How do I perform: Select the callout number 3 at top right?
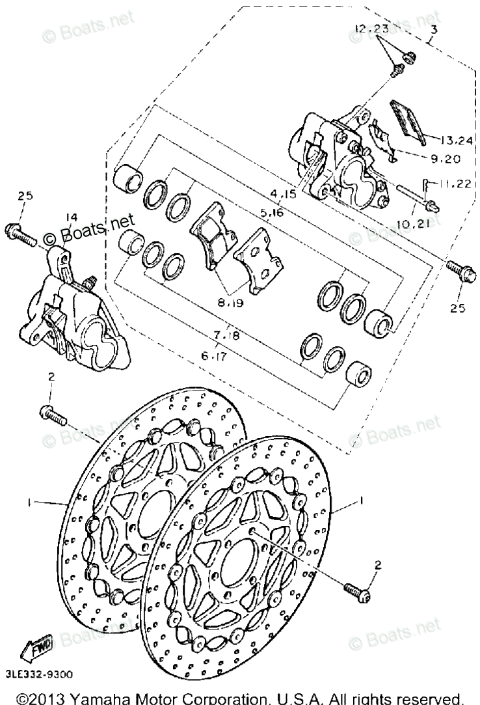(434, 29)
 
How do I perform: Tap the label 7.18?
(226, 335)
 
